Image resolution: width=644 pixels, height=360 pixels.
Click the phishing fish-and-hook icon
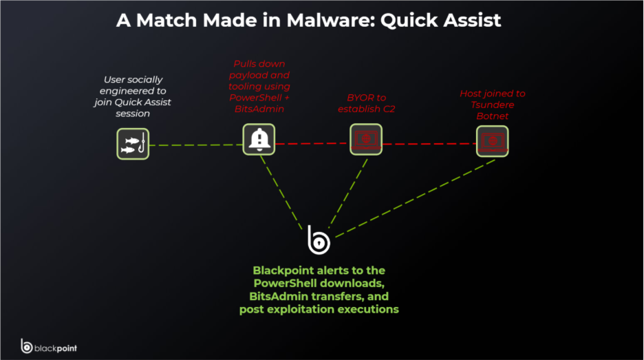pos(133,144)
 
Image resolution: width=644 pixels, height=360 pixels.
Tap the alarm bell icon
pos(259,140)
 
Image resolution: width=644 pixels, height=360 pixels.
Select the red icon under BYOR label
pos(366,140)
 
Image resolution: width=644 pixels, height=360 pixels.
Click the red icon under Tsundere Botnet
pos(493,140)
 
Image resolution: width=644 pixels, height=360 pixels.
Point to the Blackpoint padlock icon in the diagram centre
pos(318,239)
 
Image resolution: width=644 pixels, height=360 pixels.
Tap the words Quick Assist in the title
pos(440,20)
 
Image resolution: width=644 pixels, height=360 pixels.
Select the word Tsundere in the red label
pos(493,105)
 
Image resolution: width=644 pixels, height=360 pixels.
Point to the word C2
pos(388,109)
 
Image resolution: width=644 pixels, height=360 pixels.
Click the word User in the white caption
pos(116,80)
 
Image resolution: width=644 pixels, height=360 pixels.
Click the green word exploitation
pos(296,310)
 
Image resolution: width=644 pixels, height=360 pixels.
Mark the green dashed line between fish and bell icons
pos(195,145)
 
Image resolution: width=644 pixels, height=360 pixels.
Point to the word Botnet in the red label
pos(493,116)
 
